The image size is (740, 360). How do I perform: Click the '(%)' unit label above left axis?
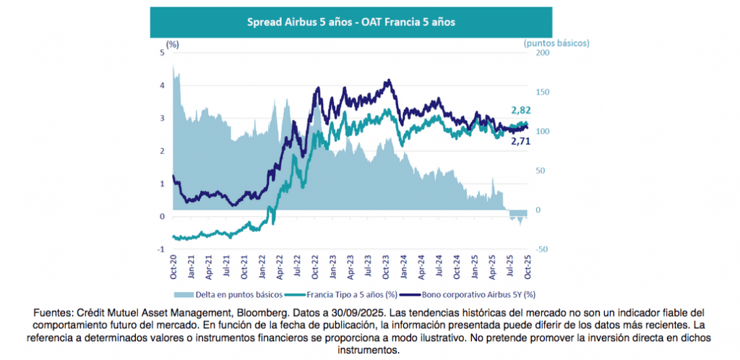172,44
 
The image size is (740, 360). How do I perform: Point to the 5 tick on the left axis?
163,53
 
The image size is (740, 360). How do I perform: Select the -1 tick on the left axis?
161,249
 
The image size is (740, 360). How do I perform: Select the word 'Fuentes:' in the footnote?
53,312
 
